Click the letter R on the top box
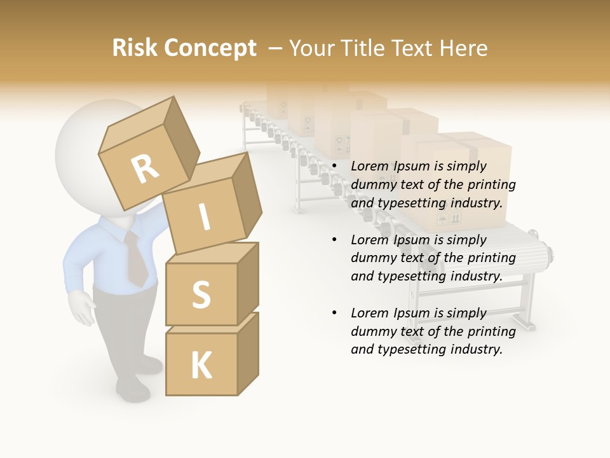click(x=145, y=169)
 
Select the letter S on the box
click(x=201, y=294)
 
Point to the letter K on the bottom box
click(x=201, y=365)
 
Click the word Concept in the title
click(x=210, y=48)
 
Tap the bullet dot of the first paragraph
click(x=335, y=167)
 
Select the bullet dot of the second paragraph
click(x=335, y=240)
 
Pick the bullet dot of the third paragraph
click(x=335, y=313)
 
